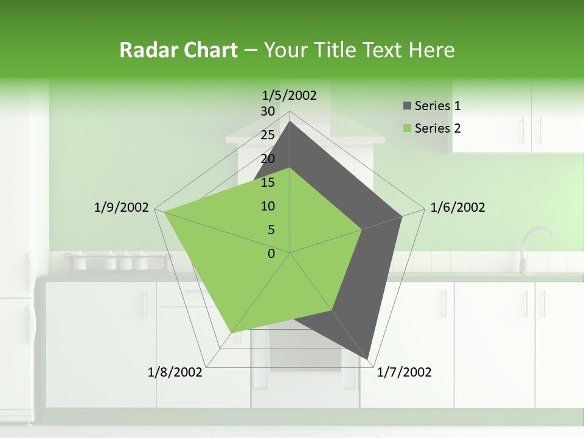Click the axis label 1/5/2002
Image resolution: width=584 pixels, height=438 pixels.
coord(289,95)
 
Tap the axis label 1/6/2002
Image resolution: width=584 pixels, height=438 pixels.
coord(457,207)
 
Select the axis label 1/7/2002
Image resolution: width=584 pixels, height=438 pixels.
coord(404,372)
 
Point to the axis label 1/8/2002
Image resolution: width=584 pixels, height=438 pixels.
coord(175,372)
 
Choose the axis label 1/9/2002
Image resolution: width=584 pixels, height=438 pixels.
coord(121,207)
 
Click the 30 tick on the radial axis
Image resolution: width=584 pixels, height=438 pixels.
coord(268,111)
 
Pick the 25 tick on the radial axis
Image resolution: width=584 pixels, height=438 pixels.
coord(268,135)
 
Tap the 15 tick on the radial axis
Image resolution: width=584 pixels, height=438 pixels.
coord(268,182)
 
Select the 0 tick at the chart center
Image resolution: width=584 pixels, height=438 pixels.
coord(271,254)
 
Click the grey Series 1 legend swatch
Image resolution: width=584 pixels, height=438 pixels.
coord(407,106)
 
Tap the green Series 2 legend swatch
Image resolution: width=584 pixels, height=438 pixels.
coord(407,129)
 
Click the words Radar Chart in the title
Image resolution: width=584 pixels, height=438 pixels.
coord(178,50)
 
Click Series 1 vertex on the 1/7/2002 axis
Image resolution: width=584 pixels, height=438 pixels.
coord(367,358)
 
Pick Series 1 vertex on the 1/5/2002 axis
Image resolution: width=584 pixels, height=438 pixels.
coord(290,121)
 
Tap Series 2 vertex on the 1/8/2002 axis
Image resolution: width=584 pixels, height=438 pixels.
coord(231,333)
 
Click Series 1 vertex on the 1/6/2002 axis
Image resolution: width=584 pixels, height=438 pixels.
coord(401,216)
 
